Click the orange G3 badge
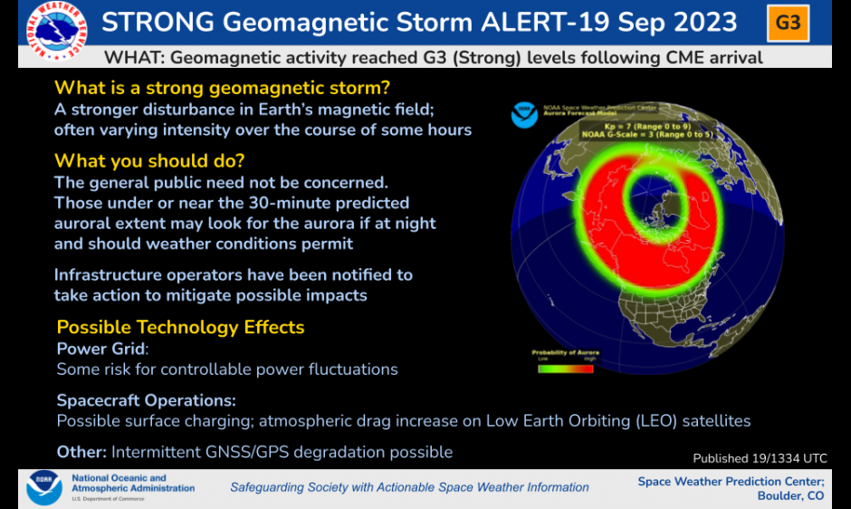pos(789,23)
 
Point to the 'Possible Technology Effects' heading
pos(180,327)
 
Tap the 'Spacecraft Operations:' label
pos(146,400)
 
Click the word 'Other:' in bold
pos(81,451)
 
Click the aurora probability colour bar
pos(565,369)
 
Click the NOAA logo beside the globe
pos(523,116)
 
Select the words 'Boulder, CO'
pos(790,496)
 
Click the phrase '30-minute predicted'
pos(335,203)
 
